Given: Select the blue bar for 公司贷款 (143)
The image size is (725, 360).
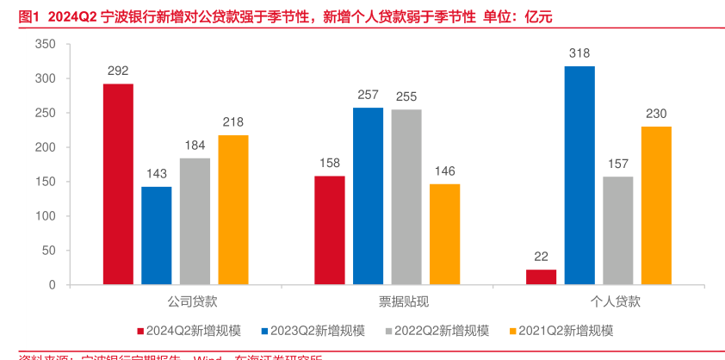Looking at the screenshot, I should [156, 235].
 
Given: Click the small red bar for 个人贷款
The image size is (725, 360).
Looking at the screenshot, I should [541, 276].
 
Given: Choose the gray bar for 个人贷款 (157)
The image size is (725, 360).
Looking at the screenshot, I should [617, 231].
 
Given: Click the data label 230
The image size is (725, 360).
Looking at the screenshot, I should [656, 114].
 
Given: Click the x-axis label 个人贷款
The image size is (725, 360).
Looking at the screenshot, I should [616, 302].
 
